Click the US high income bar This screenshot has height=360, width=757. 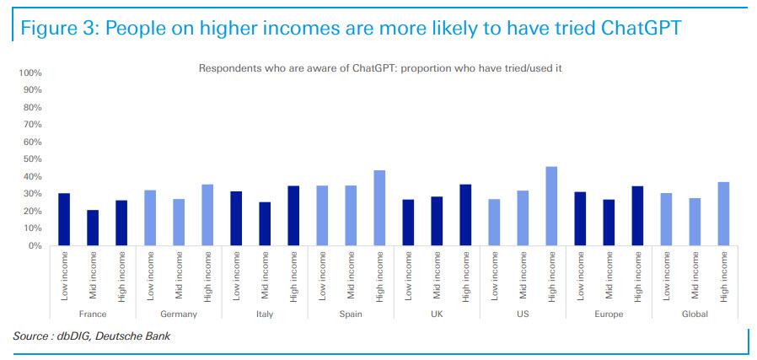click(x=551, y=206)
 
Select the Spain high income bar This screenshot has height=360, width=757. click(x=379, y=207)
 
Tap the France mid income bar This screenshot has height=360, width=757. click(x=93, y=228)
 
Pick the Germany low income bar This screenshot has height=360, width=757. click(x=150, y=218)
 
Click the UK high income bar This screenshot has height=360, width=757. click(x=465, y=215)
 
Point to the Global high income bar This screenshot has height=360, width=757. click(x=723, y=214)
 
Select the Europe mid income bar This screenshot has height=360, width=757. click(x=609, y=223)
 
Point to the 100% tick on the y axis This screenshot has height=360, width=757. click(x=30, y=73)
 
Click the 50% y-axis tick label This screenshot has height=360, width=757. click(x=32, y=159)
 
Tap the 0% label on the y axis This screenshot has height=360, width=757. click(x=35, y=246)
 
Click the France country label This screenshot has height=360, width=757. click(x=93, y=314)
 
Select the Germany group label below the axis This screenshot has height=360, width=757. click(x=178, y=314)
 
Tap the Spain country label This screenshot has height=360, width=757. click(x=350, y=314)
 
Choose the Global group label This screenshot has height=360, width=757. click(x=695, y=314)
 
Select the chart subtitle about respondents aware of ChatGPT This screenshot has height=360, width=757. click(x=379, y=68)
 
